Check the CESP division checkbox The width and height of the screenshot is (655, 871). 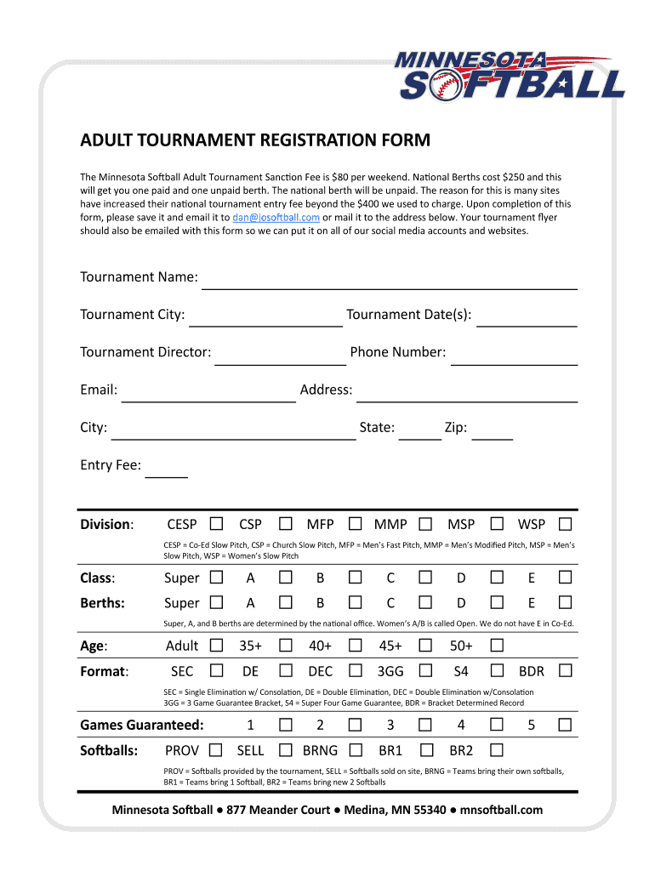point(217,523)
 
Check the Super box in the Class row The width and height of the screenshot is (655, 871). point(217,578)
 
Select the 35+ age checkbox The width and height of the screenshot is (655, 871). point(286,646)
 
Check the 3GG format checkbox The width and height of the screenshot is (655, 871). point(425,671)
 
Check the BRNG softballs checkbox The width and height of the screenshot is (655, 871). point(356,750)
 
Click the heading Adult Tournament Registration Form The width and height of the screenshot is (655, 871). point(255,140)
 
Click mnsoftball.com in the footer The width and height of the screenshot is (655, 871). point(501,810)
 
